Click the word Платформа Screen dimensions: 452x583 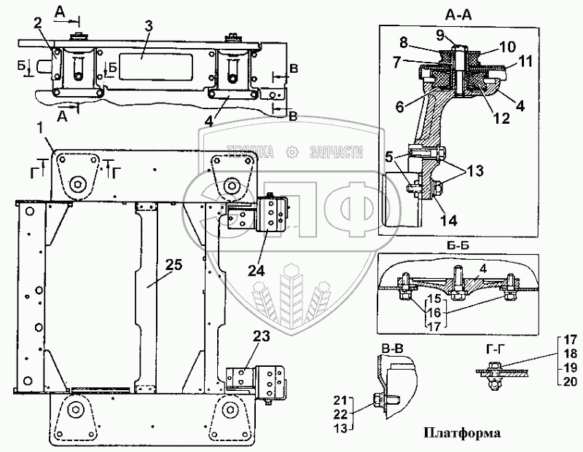click(461, 434)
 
